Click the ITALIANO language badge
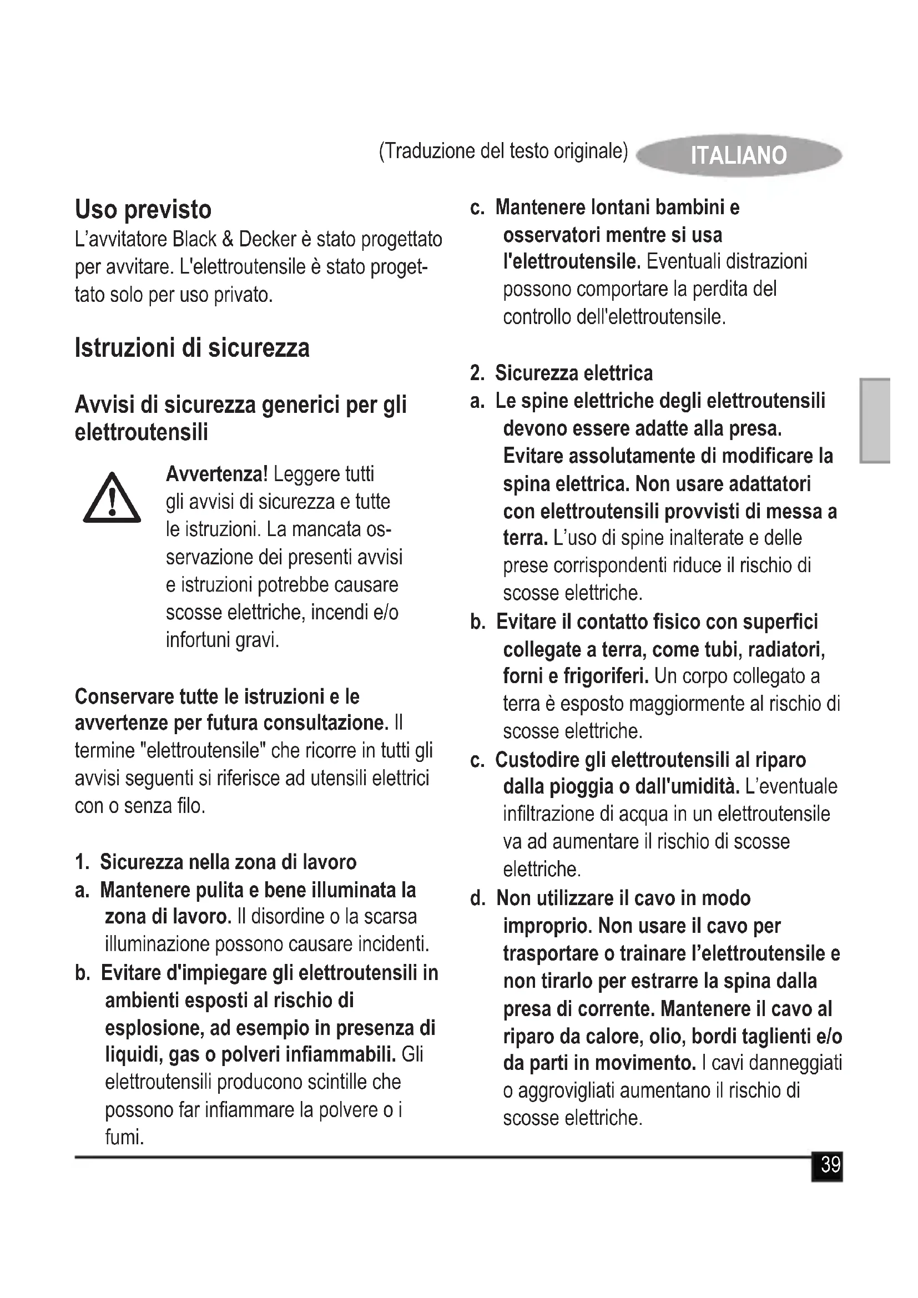tap(738, 155)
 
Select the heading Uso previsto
tap(143, 210)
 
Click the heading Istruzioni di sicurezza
tap(192, 348)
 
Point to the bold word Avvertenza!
tap(216, 474)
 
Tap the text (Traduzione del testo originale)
tap(503, 151)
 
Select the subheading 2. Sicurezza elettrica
tap(562, 373)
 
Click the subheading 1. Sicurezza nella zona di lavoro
tap(216, 862)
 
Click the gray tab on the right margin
tap(875, 421)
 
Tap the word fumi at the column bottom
tap(124, 1137)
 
